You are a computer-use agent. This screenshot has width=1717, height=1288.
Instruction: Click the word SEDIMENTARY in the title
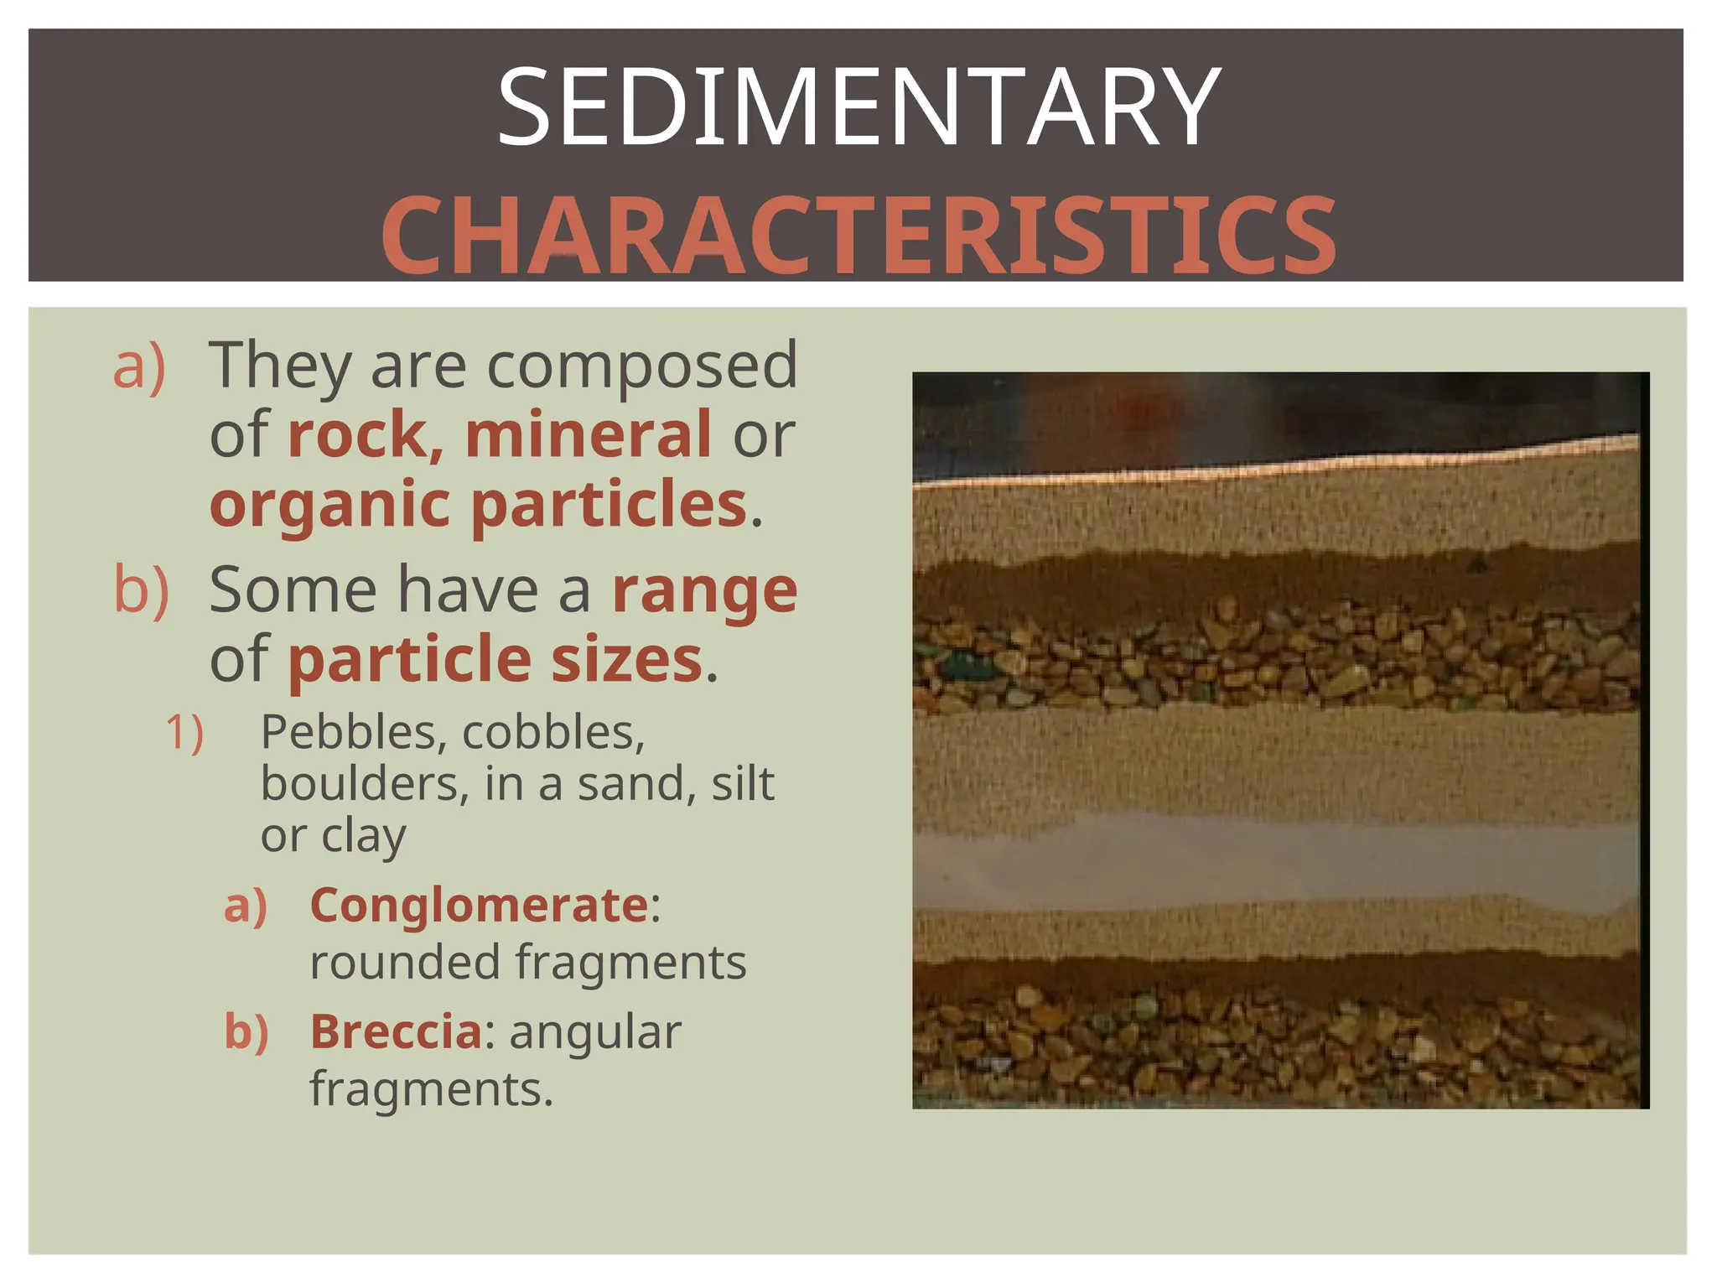click(858, 107)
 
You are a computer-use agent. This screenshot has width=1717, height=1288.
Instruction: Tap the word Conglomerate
click(479, 906)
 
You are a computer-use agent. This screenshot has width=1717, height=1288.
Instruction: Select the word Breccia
click(396, 1031)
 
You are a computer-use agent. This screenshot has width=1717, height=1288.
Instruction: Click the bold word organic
click(330, 505)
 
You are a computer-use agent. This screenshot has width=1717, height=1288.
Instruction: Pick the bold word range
click(704, 591)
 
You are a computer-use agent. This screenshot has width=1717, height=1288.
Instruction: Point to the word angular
click(595, 1031)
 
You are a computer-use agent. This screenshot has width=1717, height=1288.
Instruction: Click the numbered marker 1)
click(184, 733)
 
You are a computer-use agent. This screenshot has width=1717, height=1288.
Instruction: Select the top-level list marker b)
click(141, 589)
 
